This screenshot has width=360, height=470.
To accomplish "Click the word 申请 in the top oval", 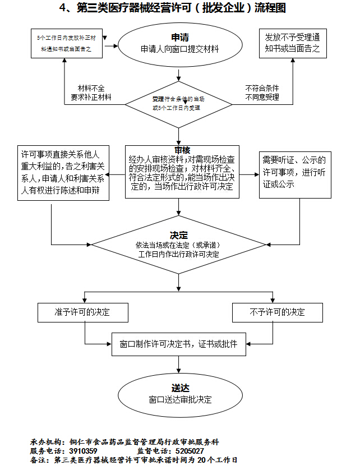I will coord(179,38).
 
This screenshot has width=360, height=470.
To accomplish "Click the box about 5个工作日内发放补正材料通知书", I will coord(66,43).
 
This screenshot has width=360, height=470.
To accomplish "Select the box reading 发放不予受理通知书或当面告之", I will coord(293,43).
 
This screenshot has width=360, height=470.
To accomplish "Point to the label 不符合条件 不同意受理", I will coord(262,93).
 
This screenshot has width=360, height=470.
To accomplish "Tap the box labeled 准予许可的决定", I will coord(82,312).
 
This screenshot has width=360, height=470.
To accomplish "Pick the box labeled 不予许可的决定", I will coord(278,312).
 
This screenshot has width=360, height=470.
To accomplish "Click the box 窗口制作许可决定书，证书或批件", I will coord(179,344).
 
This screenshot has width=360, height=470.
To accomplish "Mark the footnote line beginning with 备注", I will coord(133,460).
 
